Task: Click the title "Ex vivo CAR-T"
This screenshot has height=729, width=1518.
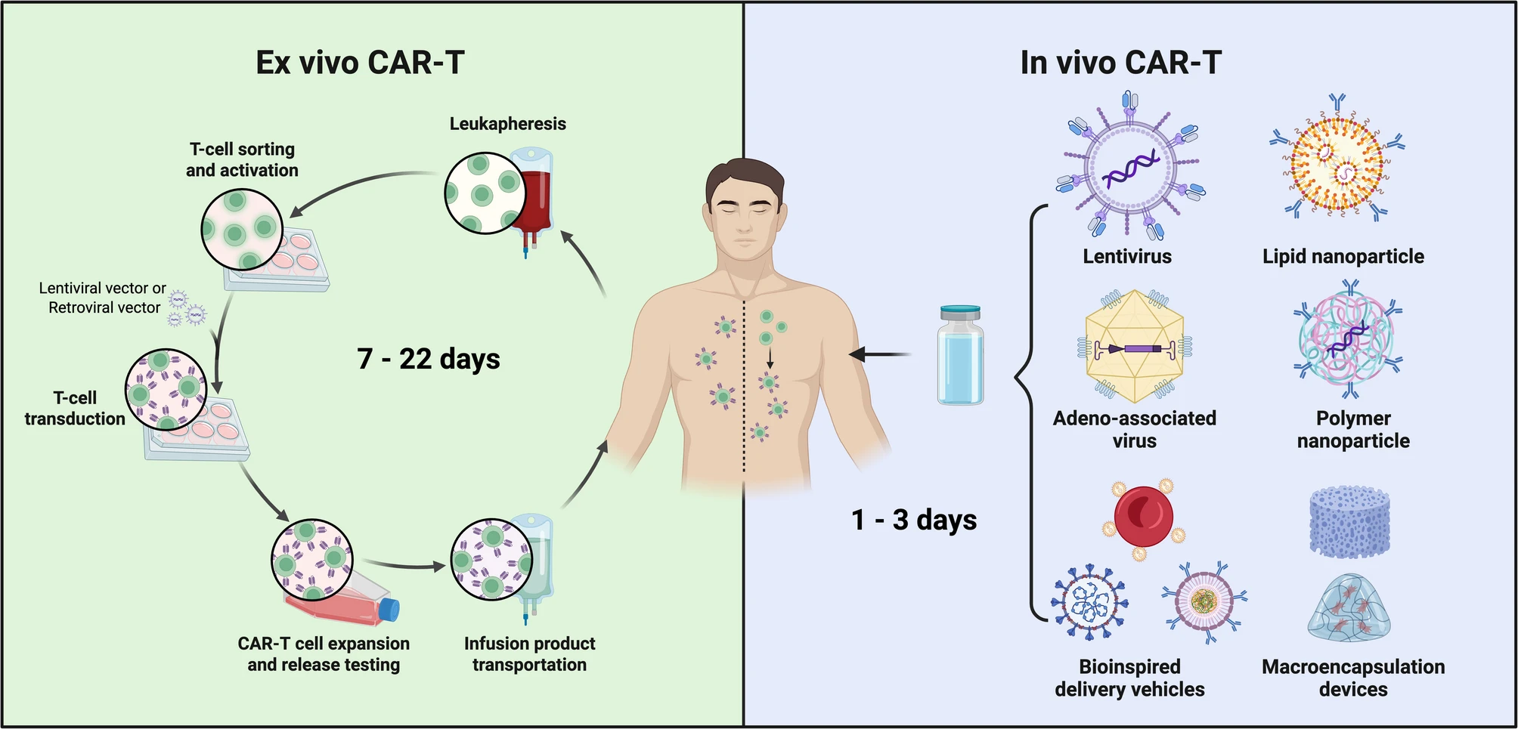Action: pyautogui.click(x=360, y=63)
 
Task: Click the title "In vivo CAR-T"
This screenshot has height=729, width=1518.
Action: pyautogui.click(x=1120, y=63)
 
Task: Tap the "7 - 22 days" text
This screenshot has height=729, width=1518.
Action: pyautogui.click(x=428, y=358)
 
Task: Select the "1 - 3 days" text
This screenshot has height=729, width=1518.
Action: pyautogui.click(x=914, y=520)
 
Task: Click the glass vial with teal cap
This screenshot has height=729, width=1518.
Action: pyautogui.click(x=960, y=355)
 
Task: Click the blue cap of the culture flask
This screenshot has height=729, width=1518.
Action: pyautogui.click(x=389, y=609)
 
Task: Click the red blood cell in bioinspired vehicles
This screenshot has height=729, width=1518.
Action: pyautogui.click(x=1144, y=517)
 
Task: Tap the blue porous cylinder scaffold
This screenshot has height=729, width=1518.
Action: pyautogui.click(x=1350, y=522)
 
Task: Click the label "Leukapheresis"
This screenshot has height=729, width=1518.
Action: pyautogui.click(x=507, y=124)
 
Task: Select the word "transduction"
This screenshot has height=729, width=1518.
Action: pyautogui.click(x=75, y=419)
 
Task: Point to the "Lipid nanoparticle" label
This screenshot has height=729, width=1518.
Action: pyautogui.click(x=1343, y=257)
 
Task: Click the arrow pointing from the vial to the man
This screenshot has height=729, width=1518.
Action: pyautogui.click(x=881, y=354)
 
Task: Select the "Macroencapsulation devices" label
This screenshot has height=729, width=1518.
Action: pyautogui.click(x=1353, y=678)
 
